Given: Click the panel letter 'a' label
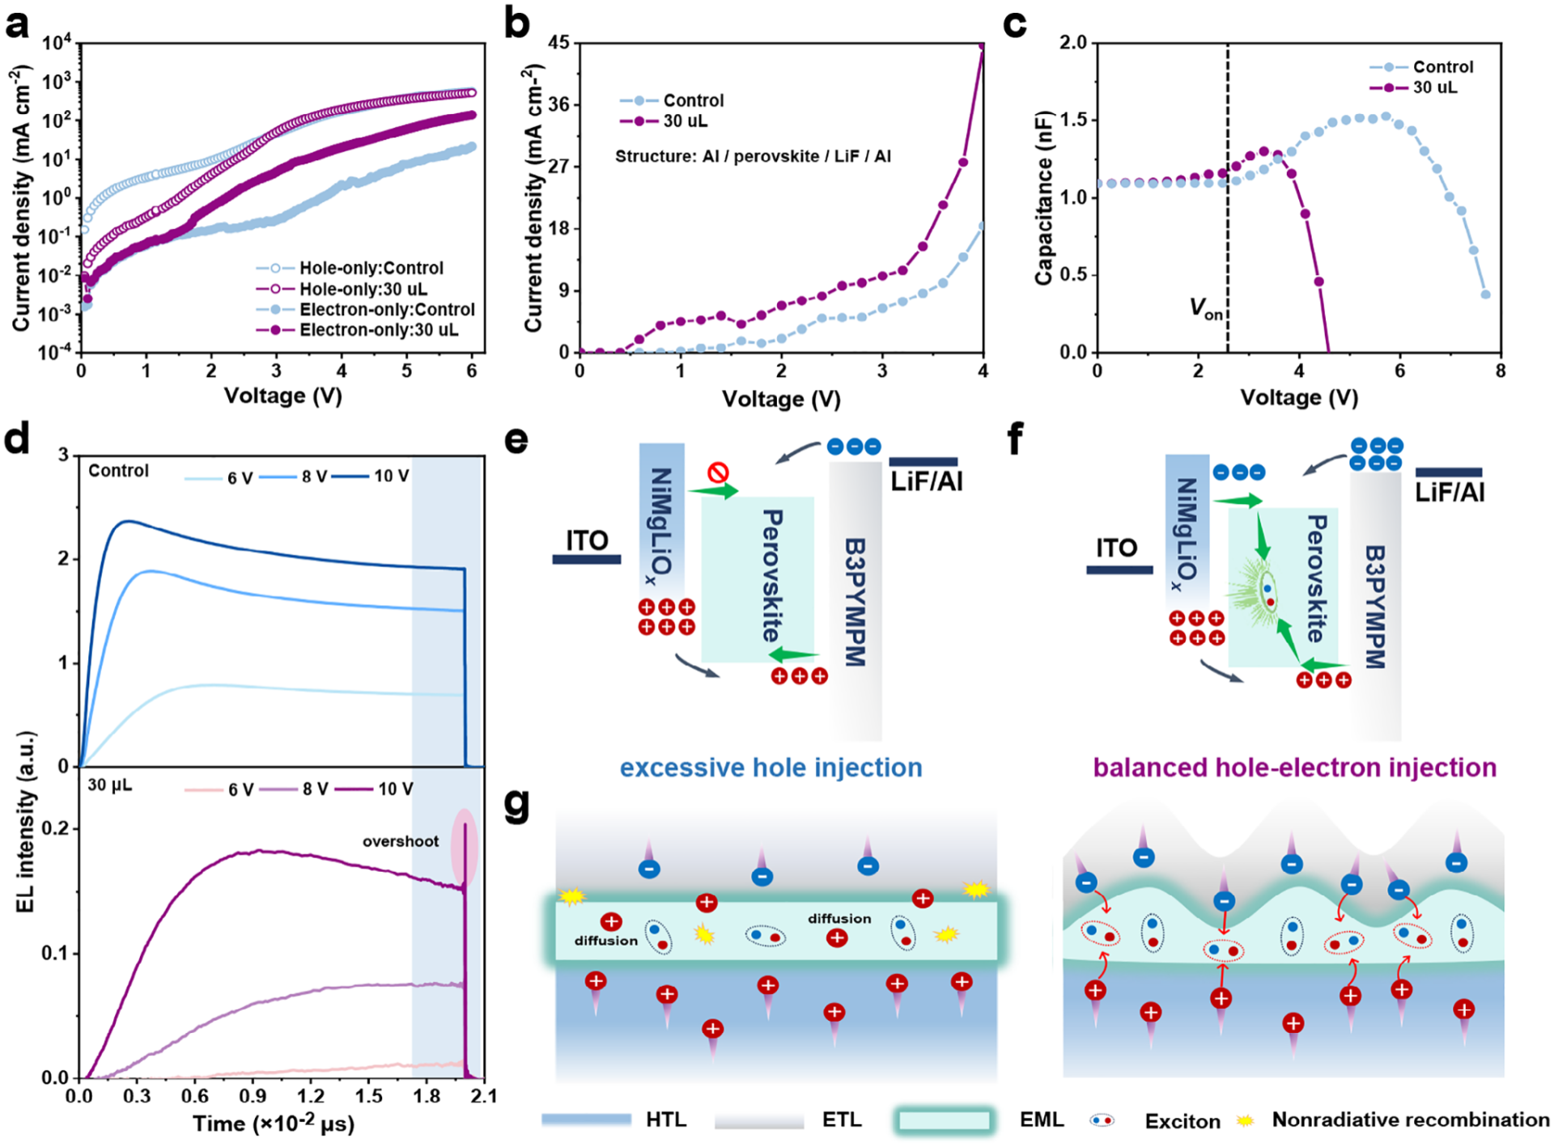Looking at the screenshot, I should (x=17, y=24).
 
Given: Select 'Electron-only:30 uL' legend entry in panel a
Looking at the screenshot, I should (x=378, y=330).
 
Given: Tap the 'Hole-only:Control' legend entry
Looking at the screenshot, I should (x=371, y=268).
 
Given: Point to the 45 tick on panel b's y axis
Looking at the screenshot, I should (x=559, y=43).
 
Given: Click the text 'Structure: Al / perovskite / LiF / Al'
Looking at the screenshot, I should (x=753, y=156).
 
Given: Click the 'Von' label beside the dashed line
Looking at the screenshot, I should (x=1205, y=308).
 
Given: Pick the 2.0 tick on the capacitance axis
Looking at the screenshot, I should (x=1073, y=43).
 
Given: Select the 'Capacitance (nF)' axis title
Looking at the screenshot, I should (x=1044, y=198).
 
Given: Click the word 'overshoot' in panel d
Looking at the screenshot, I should (x=400, y=841).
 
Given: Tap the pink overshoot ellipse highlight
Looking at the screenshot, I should (x=465, y=848).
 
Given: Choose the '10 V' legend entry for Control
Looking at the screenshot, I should (x=391, y=476).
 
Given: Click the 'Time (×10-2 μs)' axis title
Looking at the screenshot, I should (x=273, y=1124).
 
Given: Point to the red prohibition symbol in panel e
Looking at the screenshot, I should (x=718, y=472).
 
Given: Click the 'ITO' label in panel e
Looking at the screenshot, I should (x=587, y=540).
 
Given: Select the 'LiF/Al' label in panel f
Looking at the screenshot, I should (x=1450, y=492).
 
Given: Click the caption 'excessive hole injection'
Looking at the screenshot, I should (x=771, y=768).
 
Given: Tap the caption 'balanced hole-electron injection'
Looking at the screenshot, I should (x=1294, y=768).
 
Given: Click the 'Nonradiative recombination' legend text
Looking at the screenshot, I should (x=1410, y=1119).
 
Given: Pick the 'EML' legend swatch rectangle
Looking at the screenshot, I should (x=944, y=1120).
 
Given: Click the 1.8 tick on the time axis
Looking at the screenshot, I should (x=427, y=1096).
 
